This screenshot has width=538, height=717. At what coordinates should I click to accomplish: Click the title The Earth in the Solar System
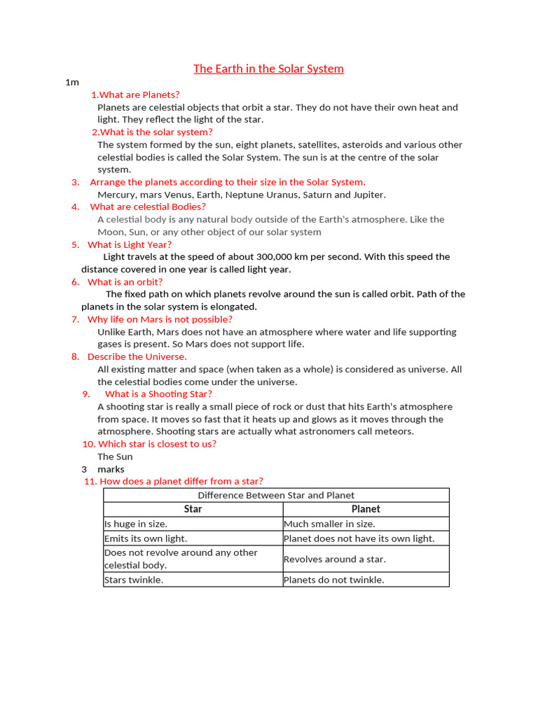click(x=268, y=69)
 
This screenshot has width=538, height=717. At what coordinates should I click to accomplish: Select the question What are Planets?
click(x=135, y=95)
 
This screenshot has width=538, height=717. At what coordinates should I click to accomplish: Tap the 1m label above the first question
click(x=71, y=82)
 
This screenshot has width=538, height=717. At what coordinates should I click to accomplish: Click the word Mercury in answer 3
click(x=116, y=195)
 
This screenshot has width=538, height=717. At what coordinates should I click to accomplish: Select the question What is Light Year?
click(x=129, y=244)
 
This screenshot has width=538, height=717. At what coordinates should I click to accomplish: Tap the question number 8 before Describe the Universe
click(x=75, y=356)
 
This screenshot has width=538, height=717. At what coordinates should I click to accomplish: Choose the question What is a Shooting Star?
click(x=158, y=394)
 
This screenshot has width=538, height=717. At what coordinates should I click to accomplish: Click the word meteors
click(x=395, y=431)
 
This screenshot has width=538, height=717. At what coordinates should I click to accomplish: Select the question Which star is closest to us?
click(x=157, y=444)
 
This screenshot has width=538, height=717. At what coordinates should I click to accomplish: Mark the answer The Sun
click(x=115, y=457)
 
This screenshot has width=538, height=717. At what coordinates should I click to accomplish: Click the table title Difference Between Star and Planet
click(x=276, y=495)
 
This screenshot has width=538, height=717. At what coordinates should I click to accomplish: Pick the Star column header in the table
click(x=193, y=509)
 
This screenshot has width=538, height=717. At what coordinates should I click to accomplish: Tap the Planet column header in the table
click(x=366, y=509)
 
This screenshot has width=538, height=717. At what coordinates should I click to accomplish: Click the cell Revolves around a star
click(x=335, y=559)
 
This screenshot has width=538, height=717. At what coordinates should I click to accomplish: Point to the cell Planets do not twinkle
click(x=334, y=580)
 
